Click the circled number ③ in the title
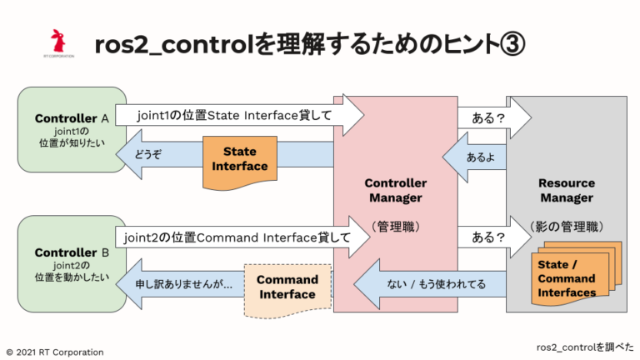click(x=511, y=44)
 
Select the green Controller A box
click(x=72, y=132)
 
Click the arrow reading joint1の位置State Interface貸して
click(x=237, y=117)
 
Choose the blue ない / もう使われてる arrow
click(x=433, y=285)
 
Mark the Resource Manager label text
click(x=566, y=190)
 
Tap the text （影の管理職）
click(x=567, y=226)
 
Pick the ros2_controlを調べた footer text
click(x=583, y=345)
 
